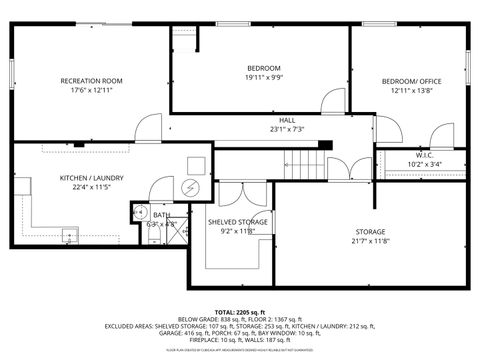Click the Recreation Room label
[x=91, y=80]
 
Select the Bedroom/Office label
[x=411, y=80]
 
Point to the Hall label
[x=287, y=118]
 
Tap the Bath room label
[x=161, y=215]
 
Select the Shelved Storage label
[x=237, y=221]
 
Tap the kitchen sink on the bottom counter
[x=69, y=237]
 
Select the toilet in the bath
[x=140, y=212]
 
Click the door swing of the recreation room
[x=149, y=126]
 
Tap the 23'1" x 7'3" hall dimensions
[x=287, y=128]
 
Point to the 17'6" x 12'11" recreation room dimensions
[x=91, y=90]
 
